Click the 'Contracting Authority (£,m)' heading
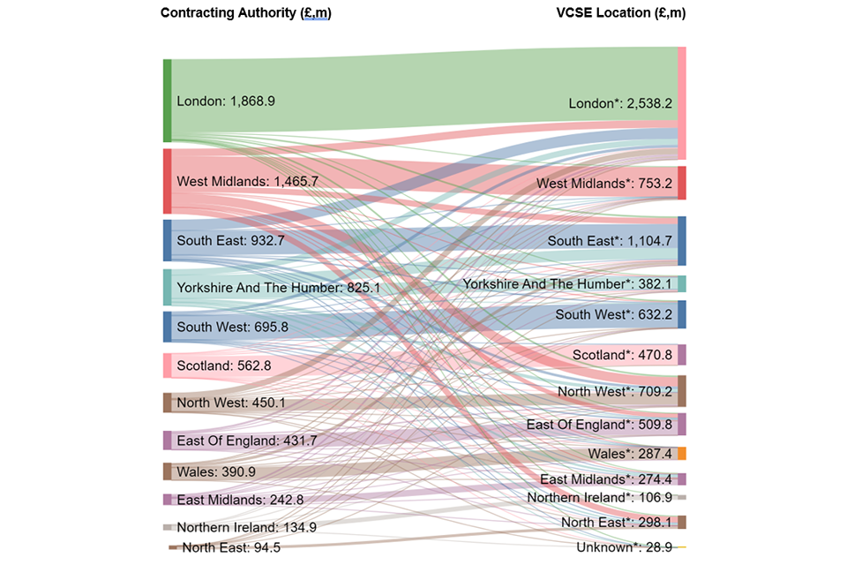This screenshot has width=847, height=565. pyautogui.click(x=244, y=13)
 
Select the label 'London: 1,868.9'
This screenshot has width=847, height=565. pyautogui.click(x=226, y=102)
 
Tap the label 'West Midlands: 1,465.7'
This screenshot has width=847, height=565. pyautogui.click(x=247, y=181)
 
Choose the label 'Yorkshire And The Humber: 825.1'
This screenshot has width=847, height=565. pyautogui.click(x=278, y=288)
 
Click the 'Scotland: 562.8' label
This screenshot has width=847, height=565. pyautogui.click(x=224, y=365)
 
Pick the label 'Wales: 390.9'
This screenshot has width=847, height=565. pyautogui.click(x=216, y=472)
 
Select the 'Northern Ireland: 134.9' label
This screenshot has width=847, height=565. pyautogui.click(x=246, y=528)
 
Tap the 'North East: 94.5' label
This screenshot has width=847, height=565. pyautogui.click(x=231, y=548)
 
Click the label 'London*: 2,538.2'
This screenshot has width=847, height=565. pyautogui.click(x=620, y=103)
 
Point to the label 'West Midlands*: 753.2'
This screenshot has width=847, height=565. pyautogui.click(x=603, y=184)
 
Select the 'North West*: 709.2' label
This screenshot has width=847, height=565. pyautogui.click(x=615, y=392)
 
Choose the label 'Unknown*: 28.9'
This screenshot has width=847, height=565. pyautogui.click(x=624, y=547)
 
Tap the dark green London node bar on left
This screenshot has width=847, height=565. pyautogui.click(x=167, y=101)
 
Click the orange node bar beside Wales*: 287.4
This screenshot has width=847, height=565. pyautogui.click(x=681, y=453)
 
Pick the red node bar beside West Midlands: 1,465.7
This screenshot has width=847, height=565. pyautogui.click(x=167, y=181)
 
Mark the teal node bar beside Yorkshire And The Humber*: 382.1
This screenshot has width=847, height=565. pyautogui.click(x=681, y=283)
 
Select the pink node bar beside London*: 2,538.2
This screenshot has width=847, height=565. pyautogui.click(x=681, y=103)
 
